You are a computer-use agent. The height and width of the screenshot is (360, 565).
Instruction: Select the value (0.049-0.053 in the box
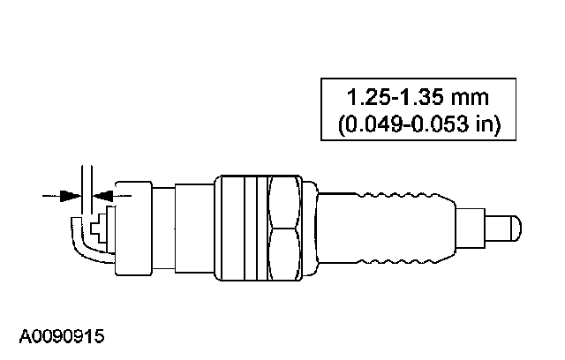coord(403,124)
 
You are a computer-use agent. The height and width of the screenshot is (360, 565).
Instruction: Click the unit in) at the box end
coord(487,124)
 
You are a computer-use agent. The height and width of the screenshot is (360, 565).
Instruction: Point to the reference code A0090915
coord(62,336)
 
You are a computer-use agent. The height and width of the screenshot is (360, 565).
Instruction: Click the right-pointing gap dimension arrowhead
coord(71,196)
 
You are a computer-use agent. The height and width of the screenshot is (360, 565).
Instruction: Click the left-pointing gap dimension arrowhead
coord(103,196)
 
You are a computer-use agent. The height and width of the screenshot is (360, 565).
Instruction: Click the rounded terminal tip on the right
coord(516,229)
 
